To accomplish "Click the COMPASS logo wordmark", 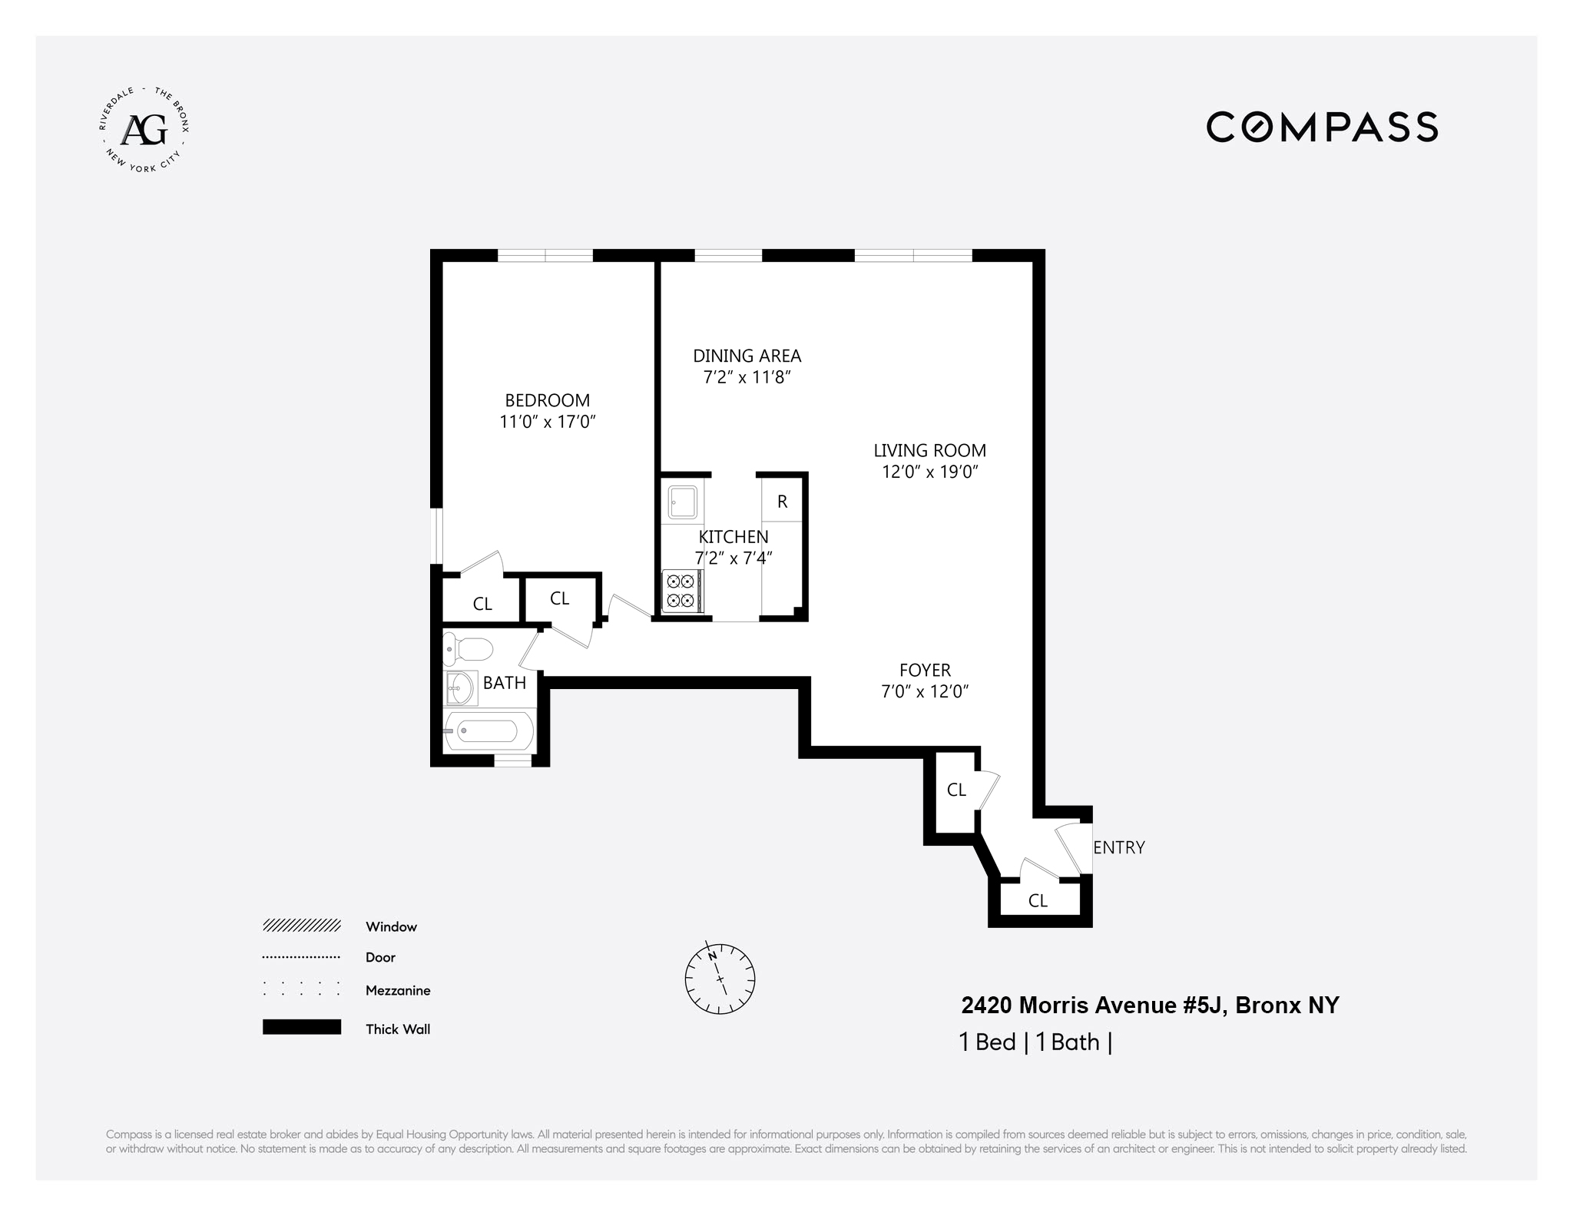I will coord(1321,128).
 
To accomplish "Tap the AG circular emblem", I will coord(144,130).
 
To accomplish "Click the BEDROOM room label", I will coord(547,400).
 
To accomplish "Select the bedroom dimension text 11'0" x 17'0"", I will coord(547,422).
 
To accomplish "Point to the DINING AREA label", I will coord(747,356).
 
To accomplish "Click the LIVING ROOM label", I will coord(929,451).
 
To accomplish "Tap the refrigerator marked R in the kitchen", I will coord(782,502).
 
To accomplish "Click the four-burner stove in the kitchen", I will coord(681,591).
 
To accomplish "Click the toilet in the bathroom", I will coord(469,650).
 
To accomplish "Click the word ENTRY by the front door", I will coord(1118,847).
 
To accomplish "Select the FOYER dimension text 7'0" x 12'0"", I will coord(925,691).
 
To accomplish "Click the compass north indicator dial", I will coord(720,978).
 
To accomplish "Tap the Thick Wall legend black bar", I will coord(302,1027).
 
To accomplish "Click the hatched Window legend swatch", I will coord(302,926).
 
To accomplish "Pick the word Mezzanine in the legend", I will coord(398,991).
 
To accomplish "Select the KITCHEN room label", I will coord(733,537).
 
